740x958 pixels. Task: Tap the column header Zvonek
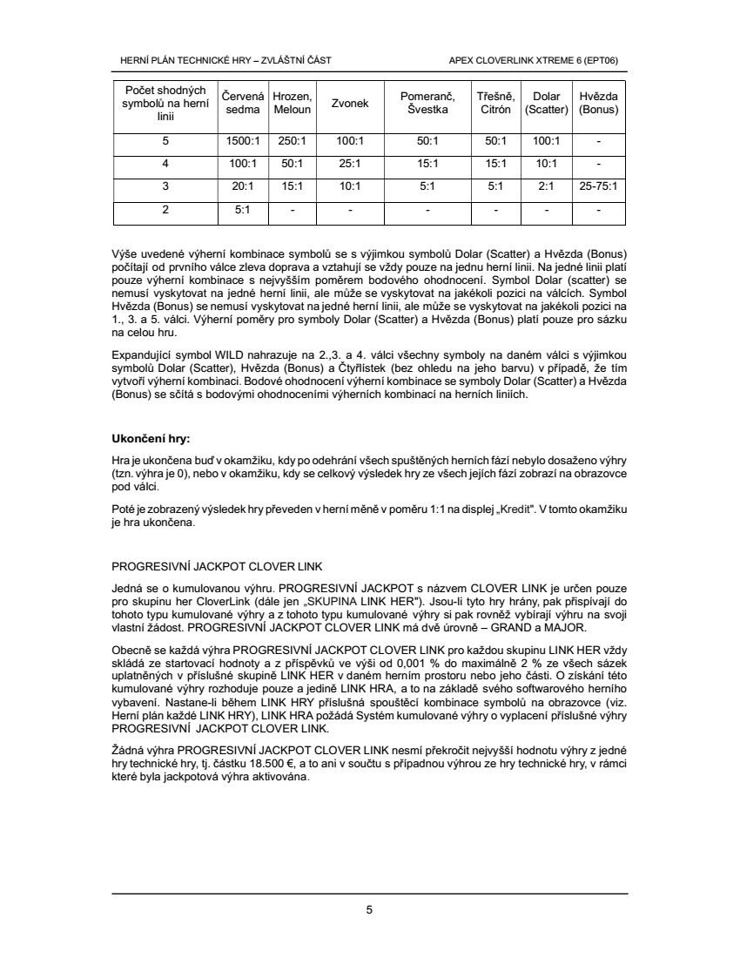(349, 103)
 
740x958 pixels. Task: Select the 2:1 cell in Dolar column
(547, 186)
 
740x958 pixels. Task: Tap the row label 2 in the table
(165, 209)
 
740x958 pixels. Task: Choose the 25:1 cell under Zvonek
(349, 163)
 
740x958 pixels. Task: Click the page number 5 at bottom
(370, 910)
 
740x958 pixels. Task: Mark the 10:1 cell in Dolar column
(547, 163)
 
